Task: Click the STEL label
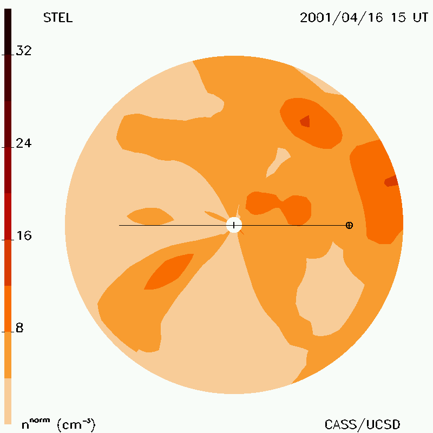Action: tap(58, 18)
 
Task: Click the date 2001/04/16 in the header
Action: tap(342, 18)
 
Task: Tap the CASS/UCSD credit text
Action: tap(362, 424)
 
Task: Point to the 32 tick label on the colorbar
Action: tap(24, 50)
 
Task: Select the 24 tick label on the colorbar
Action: tap(24, 143)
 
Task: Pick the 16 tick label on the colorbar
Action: tap(24, 235)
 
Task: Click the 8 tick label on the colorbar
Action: tap(19, 328)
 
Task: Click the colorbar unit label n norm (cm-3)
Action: tap(58, 424)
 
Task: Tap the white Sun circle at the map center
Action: tap(234, 225)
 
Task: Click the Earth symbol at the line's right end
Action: tap(349, 225)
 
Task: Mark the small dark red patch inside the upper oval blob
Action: tap(305, 121)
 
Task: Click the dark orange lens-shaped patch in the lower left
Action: tap(169, 272)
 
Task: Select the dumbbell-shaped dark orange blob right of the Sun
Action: tap(278, 207)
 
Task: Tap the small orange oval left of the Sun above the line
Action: tap(150, 216)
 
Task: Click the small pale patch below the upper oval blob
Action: tap(278, 162)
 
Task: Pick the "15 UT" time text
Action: tap(410, 18)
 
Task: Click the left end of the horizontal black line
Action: tap(119, 225)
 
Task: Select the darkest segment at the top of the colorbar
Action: tap(8, 32)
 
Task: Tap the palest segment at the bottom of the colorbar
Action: tap(8, 401)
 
